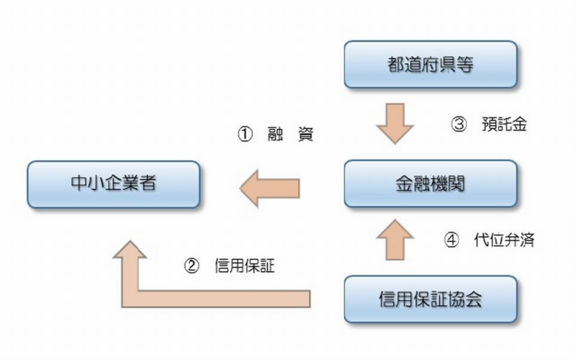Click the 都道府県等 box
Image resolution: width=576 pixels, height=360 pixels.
point(431,64)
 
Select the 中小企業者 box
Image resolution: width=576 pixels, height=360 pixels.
point(114,184)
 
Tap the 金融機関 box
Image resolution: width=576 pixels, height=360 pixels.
point(431,184)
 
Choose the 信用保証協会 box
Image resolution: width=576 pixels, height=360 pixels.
point(431,299)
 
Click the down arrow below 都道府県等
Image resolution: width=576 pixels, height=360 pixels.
point(395,123)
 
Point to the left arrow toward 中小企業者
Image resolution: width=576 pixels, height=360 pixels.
point(269,189)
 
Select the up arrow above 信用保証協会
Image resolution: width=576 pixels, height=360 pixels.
point(395,240)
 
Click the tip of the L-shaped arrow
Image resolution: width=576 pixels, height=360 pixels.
point(130,240)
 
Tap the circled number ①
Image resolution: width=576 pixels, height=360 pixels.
point(245,134)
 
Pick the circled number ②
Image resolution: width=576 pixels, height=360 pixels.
point(192,266)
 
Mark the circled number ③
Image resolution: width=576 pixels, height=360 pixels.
point(459,124)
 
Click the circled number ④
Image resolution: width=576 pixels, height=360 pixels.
point(451,240)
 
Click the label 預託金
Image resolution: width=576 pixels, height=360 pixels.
point(505,124)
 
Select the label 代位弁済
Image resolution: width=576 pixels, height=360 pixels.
point(504,240)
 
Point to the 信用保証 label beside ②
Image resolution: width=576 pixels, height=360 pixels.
point(245,266)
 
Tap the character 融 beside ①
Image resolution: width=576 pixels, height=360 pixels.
point(275,134)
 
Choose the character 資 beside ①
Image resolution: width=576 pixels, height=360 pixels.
point(305,134)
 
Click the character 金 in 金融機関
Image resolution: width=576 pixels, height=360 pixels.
point(404,184)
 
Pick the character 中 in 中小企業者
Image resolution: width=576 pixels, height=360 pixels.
point(79,183)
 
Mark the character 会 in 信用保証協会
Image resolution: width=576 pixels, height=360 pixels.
point(474,299)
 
